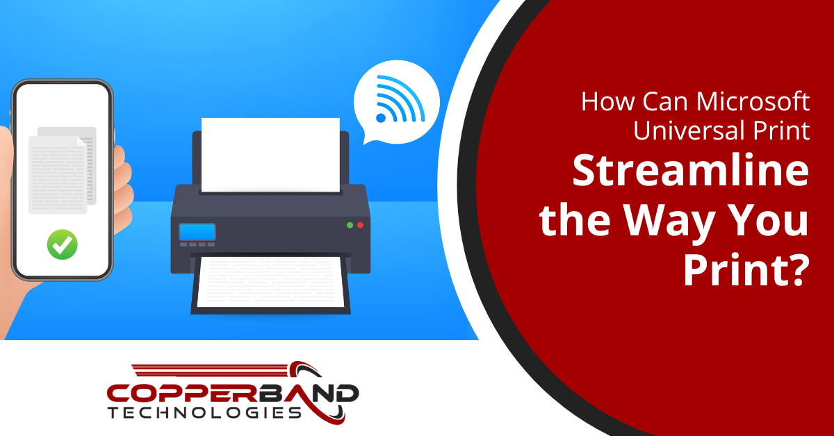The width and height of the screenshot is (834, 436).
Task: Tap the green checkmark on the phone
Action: click(x=62, y=244)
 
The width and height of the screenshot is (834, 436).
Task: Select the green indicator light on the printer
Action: click(x=350, y=225)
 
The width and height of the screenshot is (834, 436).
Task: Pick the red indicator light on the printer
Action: click(x=360, y=225)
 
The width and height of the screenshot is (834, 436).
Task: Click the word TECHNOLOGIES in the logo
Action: click(x=205, y=413)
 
